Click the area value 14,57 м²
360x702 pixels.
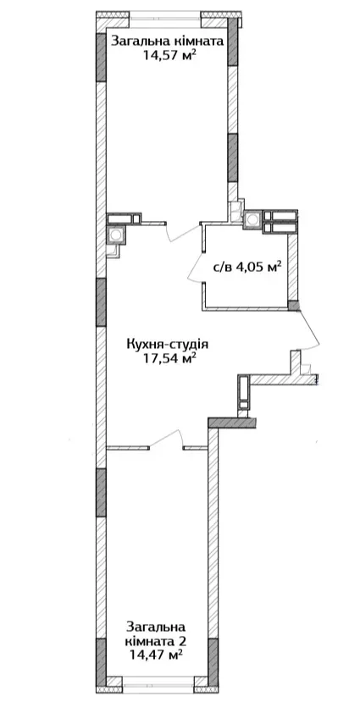[x=170, y=56]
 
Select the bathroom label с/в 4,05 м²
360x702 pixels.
[x=246, y=268]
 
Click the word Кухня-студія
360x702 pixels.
[x=168, y=345]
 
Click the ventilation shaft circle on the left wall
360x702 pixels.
[x=116, y=235]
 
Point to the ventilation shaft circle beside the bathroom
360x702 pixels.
[x=253, y=219]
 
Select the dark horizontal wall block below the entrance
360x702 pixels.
[x=233, y=423]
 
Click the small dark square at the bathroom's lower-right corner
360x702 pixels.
[x=293, y=306]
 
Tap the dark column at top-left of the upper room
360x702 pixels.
[x=101, y=57]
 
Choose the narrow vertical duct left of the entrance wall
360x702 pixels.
[x=243, y=393]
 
